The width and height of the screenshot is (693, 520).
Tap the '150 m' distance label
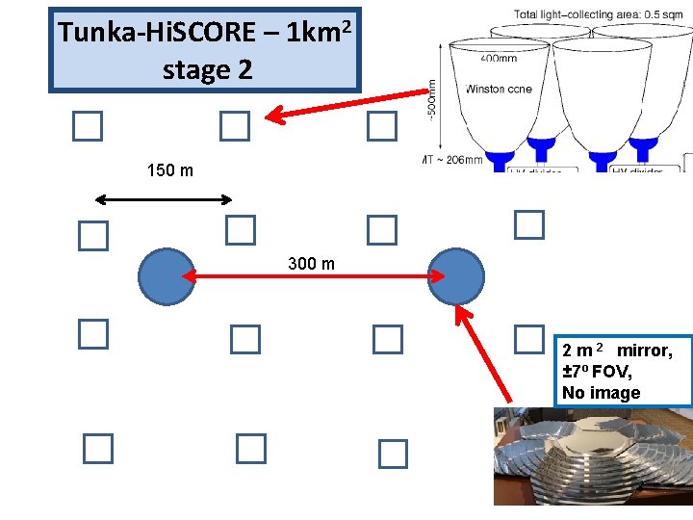pos(169,170)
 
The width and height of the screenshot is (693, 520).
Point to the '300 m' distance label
pos(312,263)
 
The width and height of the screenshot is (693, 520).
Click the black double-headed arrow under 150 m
pos(165,200)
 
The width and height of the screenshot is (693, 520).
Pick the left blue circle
pos(167,276)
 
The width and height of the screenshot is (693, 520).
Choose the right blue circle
pos(455,275)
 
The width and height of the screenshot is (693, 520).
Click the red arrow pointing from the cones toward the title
pos(346,105)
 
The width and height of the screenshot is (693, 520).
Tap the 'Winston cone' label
pos(499,89)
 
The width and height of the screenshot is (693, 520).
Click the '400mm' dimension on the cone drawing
pos(498,59)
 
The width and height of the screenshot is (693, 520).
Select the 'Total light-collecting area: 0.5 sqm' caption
pos(596,14)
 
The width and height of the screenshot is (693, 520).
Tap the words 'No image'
pos(601,393)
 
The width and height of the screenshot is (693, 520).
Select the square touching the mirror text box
pos(528,338)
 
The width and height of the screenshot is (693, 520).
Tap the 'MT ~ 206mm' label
pos(452,159)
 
